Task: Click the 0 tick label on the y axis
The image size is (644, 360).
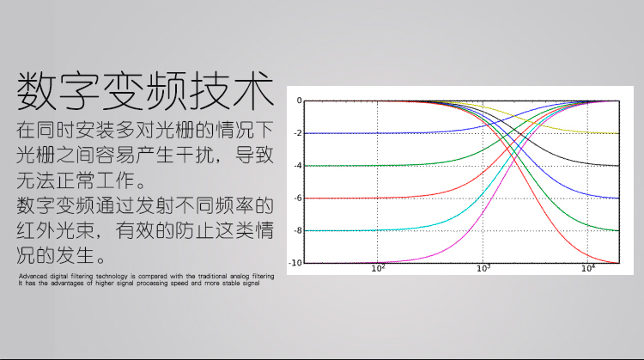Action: (x=300, y=101)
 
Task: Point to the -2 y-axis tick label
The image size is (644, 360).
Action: (x=298, y=133)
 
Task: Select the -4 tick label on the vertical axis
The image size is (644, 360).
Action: (x=298, y=166)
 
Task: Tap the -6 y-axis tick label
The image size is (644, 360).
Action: (x=298, y=198)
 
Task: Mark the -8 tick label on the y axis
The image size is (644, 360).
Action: (x=298, y=230)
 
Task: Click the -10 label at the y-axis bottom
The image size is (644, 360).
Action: (x=295, y=263)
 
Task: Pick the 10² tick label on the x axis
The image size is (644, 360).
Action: (x=379, y=268)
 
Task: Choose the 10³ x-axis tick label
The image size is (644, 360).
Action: (x=483, y=268)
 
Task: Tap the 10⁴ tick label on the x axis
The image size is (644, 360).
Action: (x=588, y=268)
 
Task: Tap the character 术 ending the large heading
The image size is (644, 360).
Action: (x=252, y=90)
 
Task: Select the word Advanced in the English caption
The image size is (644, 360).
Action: (x=33, y=276)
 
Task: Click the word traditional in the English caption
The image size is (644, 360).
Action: (x=212, y=276)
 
